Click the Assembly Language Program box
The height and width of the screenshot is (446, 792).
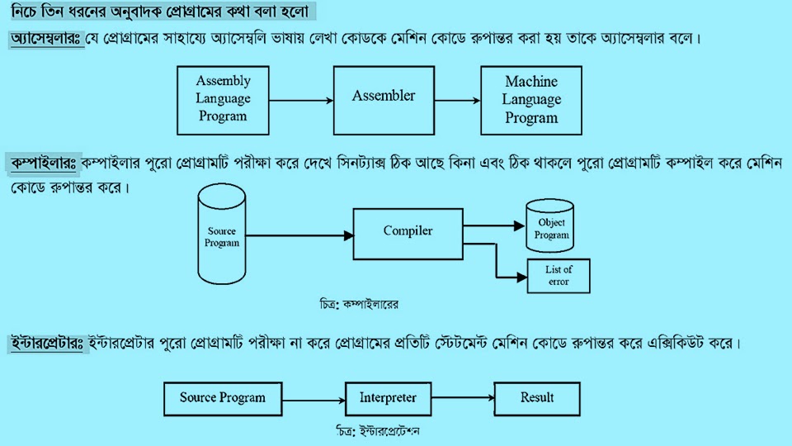pyautogui.click(x=223, y=99)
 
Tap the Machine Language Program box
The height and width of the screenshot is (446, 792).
pyautogui.click(x=531, y=99)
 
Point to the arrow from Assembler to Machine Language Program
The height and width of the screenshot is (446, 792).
pyautogui.click(x=457, y=101)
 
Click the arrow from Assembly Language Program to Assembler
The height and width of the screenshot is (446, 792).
pyautogui.click(x=301, y=101)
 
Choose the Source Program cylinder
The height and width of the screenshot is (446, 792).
pyautogui.click(x=222, y=237)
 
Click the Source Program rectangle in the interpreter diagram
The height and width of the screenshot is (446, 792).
pyautogui.click(x=223, y=398)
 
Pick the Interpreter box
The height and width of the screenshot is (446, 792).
pyautogui.click(x=388, y=398)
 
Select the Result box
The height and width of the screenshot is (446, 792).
pyautogui.click(x=537, y=398)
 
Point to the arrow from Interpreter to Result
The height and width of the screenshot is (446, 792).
pyautogui.click(x=462, y=398)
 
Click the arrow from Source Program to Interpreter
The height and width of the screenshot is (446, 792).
pyautogui.click(x=313, y=398)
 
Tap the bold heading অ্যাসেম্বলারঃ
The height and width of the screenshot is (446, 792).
pyautogui.click(x=46, y=40)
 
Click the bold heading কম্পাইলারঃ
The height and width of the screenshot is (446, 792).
pyautogui.click(x=43, y=164)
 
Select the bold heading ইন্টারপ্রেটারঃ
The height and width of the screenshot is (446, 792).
pyautogui.click(x=47, y=342)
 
